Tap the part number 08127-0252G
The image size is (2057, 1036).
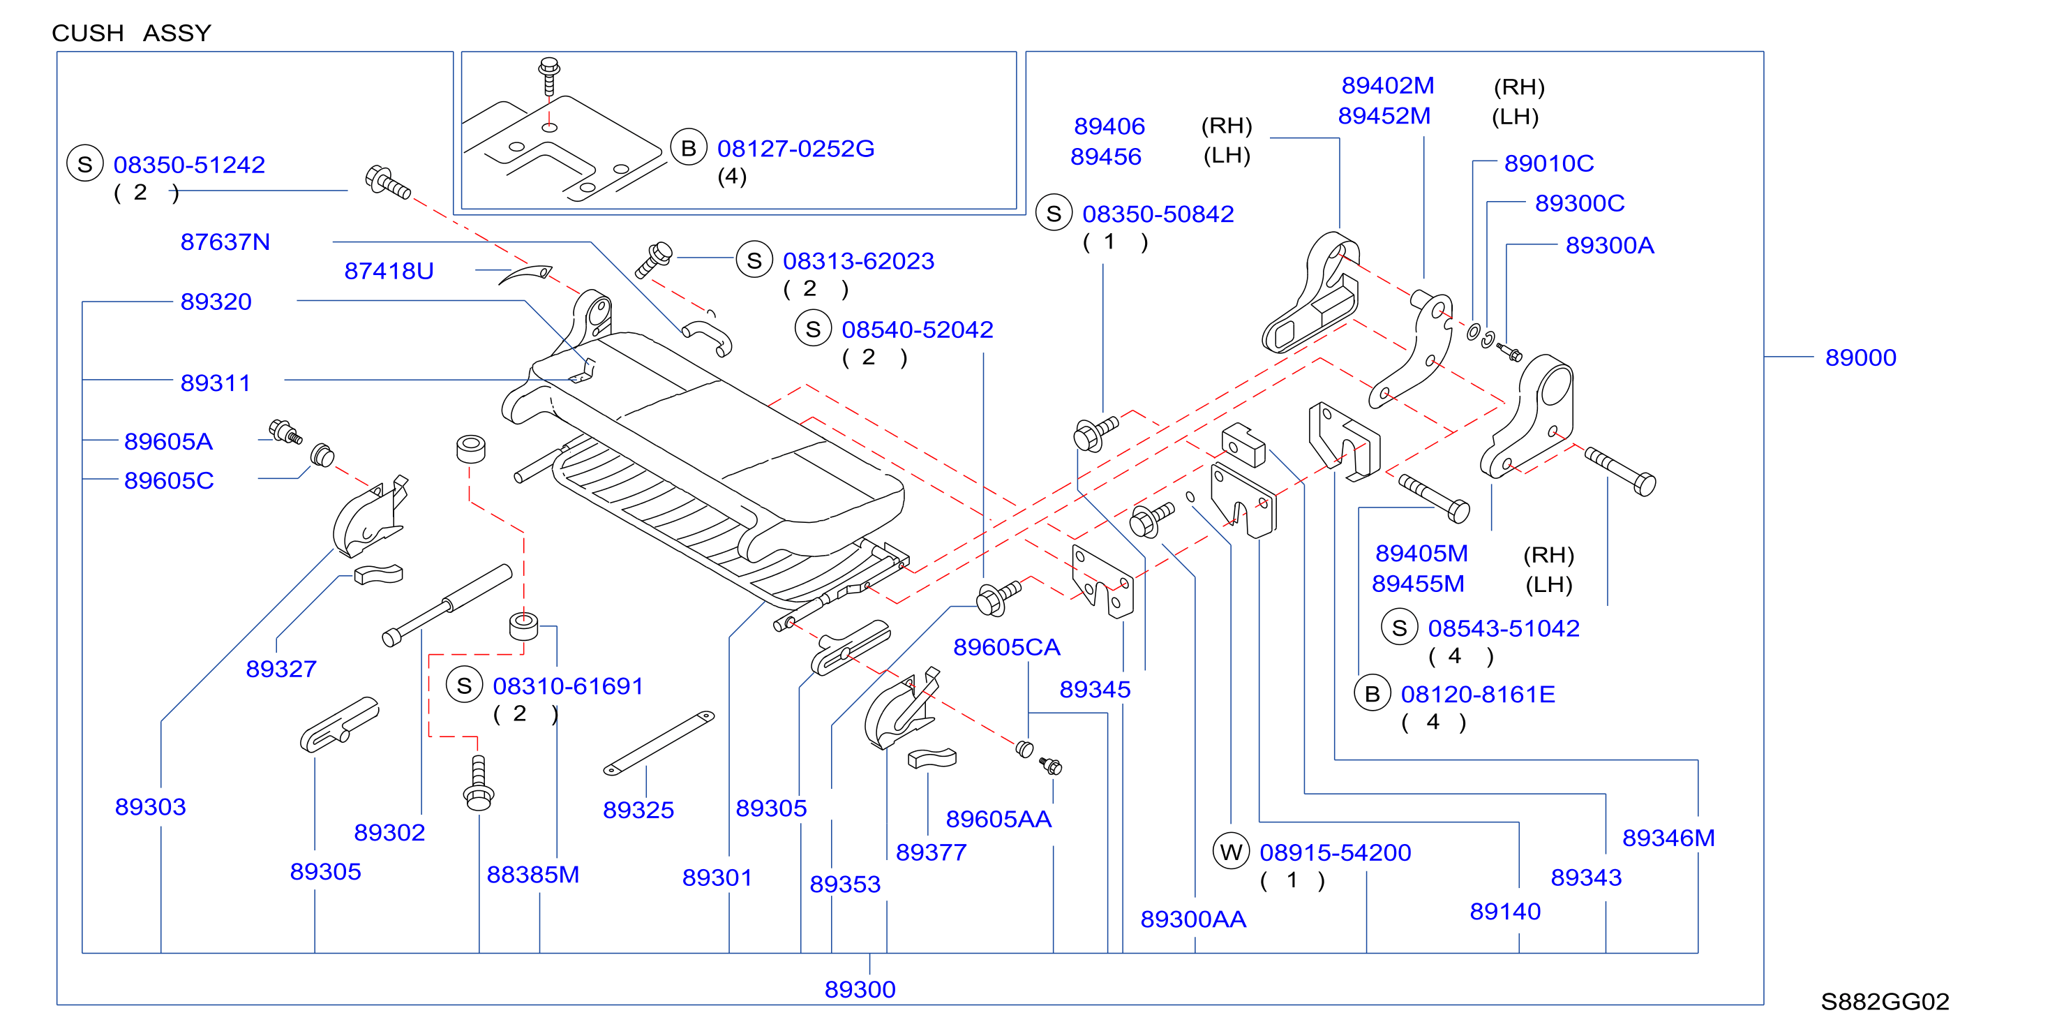795,149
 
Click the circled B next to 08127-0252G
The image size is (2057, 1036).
688,148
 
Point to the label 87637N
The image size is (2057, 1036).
225,242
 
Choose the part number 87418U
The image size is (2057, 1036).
389,272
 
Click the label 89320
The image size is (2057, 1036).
216,302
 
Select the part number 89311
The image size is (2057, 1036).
216,383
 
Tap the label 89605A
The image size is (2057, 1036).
168,442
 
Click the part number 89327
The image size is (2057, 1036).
281,669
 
